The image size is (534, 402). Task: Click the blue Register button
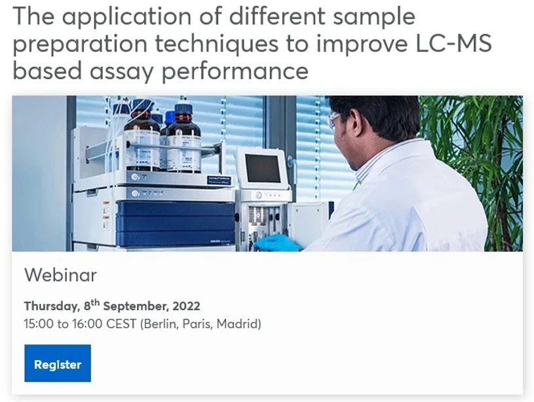(58, 364)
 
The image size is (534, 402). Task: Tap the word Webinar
(60, 275)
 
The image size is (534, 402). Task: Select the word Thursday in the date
(51, 306)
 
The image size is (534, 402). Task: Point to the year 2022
(187, 306)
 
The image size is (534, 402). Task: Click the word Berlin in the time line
(161, 324)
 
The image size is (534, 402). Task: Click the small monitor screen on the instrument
(263, 168)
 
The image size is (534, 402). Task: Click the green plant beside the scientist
(482, 151)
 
